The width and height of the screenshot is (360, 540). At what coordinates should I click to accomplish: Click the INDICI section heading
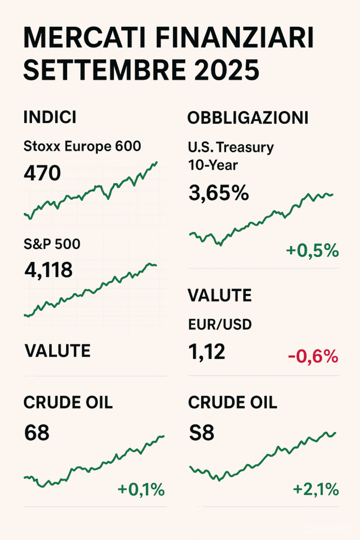click(50, 117)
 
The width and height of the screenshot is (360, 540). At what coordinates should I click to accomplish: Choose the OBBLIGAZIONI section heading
click(248, 118)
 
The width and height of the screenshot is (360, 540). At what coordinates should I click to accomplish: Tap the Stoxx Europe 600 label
click(82, 146)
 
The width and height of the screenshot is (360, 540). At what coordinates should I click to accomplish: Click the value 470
click(42, 174)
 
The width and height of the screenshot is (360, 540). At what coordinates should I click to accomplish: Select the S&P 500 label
click(52, 244)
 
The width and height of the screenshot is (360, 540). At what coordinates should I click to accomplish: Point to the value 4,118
click(48, 270)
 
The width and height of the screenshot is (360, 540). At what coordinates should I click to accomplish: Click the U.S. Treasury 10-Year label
click(230, 156)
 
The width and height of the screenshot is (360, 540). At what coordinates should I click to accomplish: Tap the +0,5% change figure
click(312, 251)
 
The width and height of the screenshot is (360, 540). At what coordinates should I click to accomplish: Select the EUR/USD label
click(219, 324)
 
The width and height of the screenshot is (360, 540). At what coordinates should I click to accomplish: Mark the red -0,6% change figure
click(313, 356)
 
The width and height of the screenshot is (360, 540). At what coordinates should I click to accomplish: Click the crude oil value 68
click(37, 432)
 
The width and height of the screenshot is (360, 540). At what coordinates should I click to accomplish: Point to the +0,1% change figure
click(141, 489)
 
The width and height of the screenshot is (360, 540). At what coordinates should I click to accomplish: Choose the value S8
click(201, 432)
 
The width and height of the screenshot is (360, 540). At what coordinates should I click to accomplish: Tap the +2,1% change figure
click(316, 489)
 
